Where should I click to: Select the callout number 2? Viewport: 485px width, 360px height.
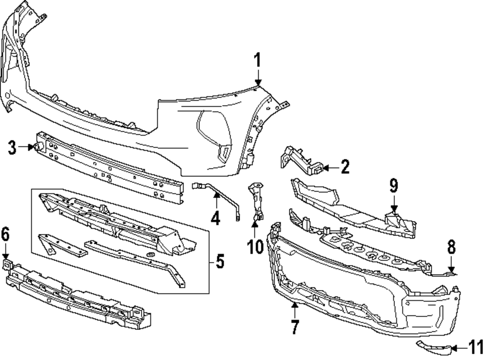click(x=345, y=168)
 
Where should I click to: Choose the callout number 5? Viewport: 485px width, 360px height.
click(x=220, y=262)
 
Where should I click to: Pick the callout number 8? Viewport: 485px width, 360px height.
click(x=452, y=248)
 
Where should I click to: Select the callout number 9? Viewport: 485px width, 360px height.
click(x=393, y=185)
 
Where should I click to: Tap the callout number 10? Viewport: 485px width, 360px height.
click(x=254, y=246)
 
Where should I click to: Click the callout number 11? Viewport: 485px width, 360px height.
click(x=476, y=347)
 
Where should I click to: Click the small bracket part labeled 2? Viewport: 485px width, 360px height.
click(x=301, y=160)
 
